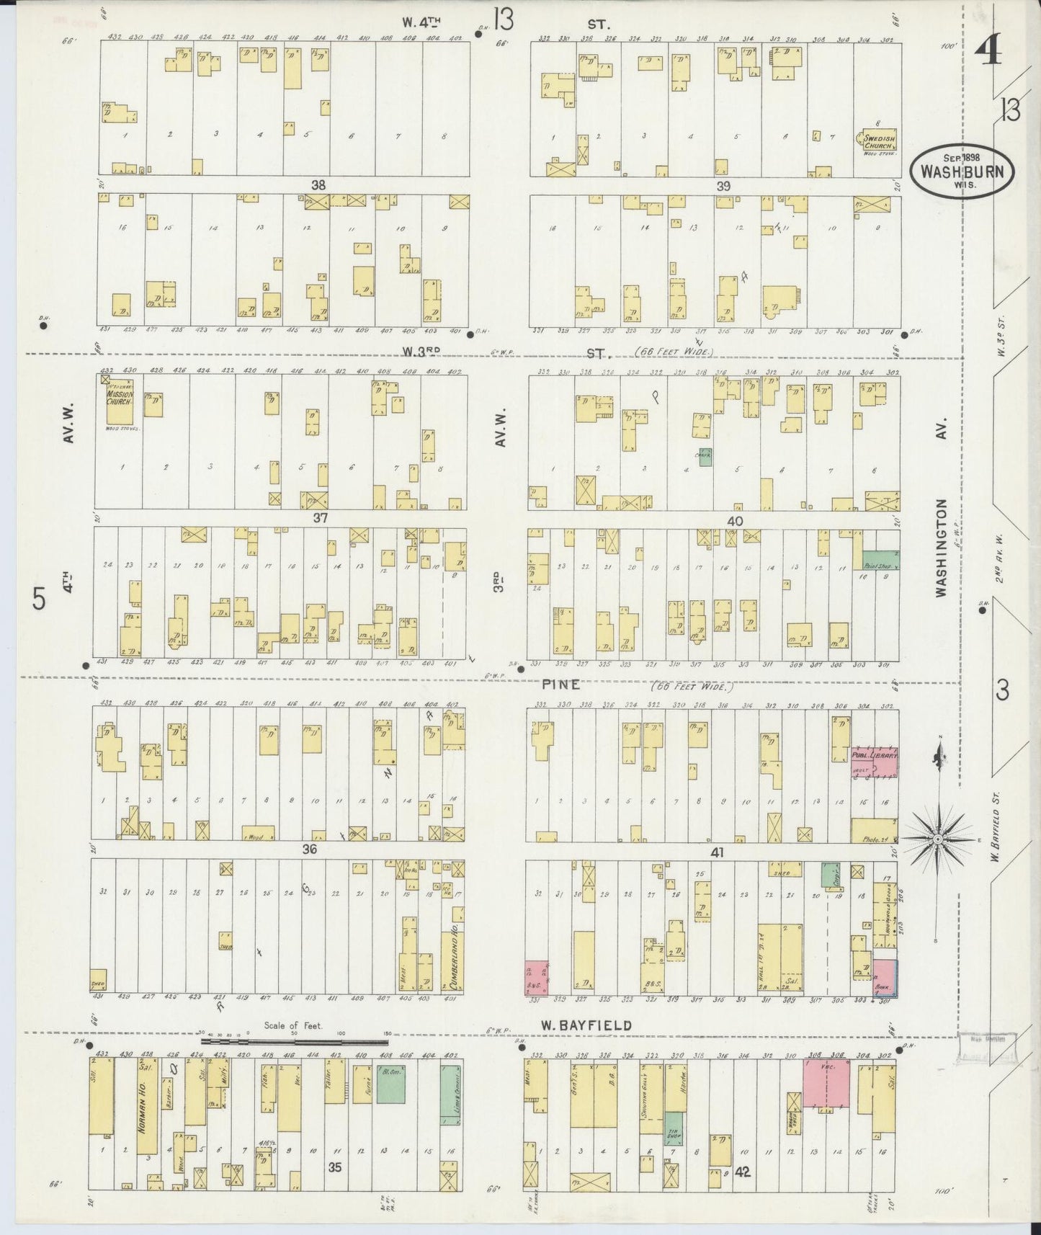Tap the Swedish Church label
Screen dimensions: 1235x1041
click(879, 141)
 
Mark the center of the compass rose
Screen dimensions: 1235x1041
click(938, 839)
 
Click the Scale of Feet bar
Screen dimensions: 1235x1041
click(295, 1041)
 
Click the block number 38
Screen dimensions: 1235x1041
click(318, 185)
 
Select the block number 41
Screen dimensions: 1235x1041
click(717, 852)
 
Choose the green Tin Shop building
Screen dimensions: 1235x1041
click(673, 1129)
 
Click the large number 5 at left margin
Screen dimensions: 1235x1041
click(39, 599)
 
